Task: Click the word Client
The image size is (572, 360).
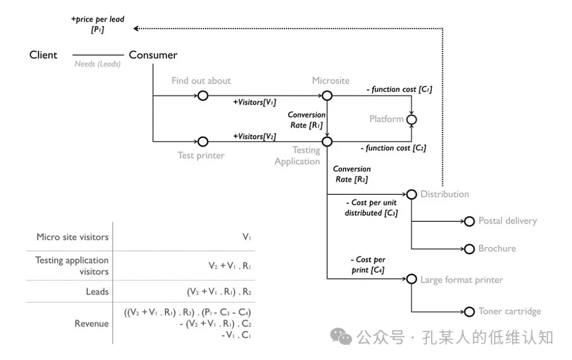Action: coord(43,55)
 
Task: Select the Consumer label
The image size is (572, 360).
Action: coord(153,55)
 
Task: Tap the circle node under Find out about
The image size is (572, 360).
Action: coord(202,96)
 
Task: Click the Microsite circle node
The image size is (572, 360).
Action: coord(327,96)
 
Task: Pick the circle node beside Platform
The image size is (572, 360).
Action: coord(412,120)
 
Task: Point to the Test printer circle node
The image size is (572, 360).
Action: coord(202,142)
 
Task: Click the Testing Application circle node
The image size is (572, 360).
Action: coord(327,142)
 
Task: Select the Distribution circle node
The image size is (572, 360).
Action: coord(412,194)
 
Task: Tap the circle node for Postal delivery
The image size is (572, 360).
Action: coord(469,221)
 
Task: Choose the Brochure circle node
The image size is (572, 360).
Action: coord(469,249)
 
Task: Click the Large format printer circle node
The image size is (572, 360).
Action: coord(412,280)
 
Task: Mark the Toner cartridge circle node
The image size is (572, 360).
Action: coord(469,312)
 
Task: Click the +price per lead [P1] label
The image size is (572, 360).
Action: coord(97,24)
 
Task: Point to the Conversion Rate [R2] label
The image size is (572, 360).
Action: coord(352,174)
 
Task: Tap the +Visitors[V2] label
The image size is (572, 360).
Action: coord(255,136)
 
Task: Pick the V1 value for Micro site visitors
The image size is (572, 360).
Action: coord(246,237)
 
